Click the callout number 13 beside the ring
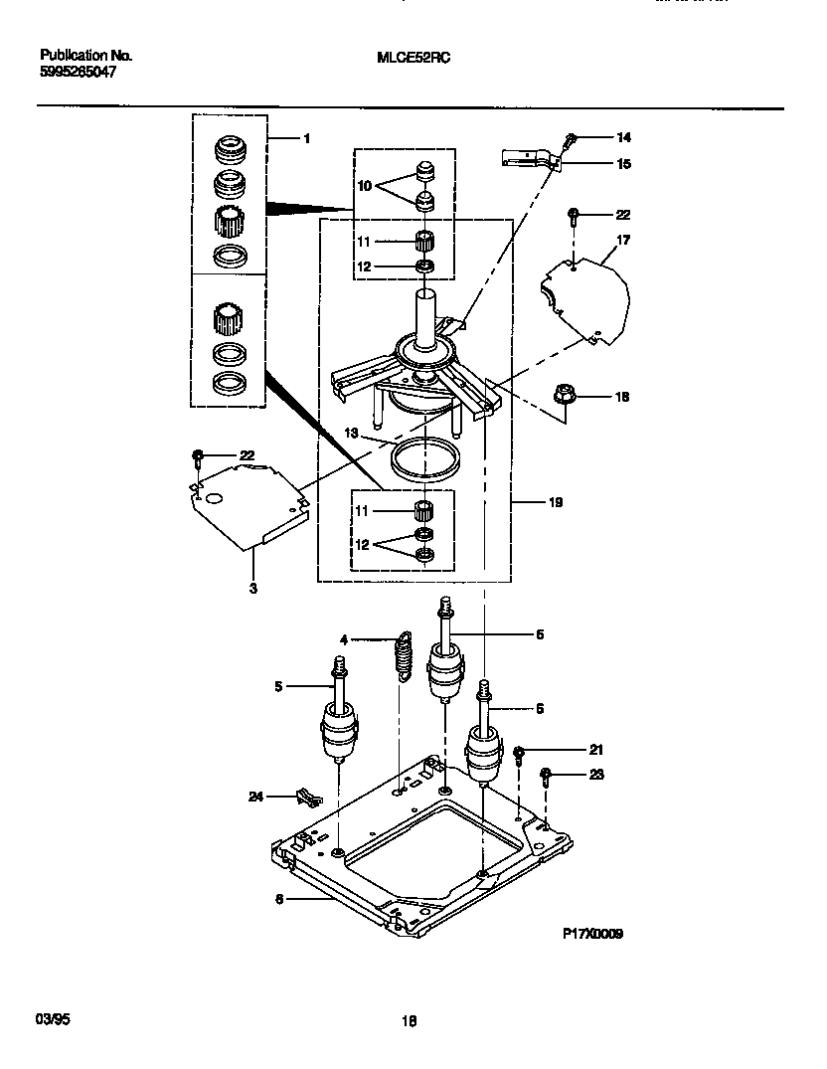click(x=352, y=433)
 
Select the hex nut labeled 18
click(x=565, y=397)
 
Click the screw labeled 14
click(x=571, y=138)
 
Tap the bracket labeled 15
click(x=527, y=156)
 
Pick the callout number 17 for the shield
click(x=623, y=240)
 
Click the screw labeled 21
click(x=519, y=752)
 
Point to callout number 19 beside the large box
click(x=555, y=503)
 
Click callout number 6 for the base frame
click(x=279, y=898)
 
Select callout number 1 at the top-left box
click(x=306, y=138)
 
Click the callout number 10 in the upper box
click(x=364, y=184)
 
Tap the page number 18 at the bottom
click(x=409, y=1020)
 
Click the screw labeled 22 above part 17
click(x=574, y=215)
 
